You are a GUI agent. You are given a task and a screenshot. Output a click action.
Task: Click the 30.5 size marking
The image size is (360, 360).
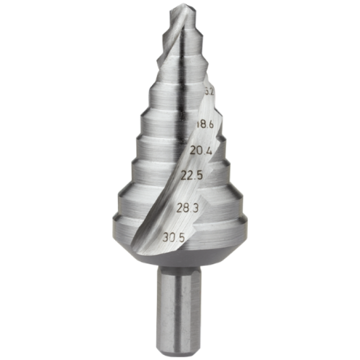(173, 238)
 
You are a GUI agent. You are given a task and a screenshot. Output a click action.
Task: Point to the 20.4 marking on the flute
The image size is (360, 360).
(201, 149)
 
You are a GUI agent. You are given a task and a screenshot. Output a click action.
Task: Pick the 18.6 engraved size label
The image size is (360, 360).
(206, 125)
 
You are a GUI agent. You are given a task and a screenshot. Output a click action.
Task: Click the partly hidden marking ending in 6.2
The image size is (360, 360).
(209, 92)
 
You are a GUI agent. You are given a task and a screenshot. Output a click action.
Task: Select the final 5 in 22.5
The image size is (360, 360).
(199, 175)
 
